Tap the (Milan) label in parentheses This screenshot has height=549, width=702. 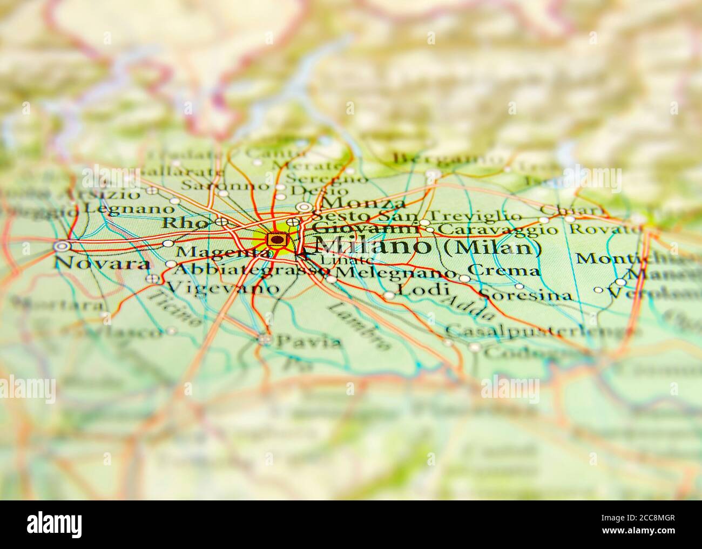[x=492, y=247]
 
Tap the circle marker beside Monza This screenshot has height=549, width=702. [x=304, y=207]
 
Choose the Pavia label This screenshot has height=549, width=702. [x=308, y=341]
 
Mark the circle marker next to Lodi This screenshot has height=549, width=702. [x=389, y=295]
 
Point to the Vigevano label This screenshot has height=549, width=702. [x=224, y=288]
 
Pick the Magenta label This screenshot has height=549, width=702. [x=222, y=252]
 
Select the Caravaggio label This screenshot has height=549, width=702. [x=497, y=231]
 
